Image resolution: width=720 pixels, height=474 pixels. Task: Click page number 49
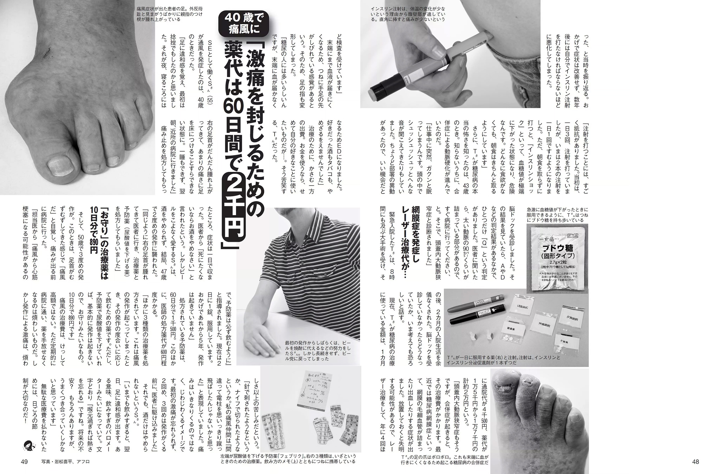point(24,461)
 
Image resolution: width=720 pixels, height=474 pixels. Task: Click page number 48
point(695,461)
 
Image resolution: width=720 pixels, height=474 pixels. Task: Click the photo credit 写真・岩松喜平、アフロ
point(66,461)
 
